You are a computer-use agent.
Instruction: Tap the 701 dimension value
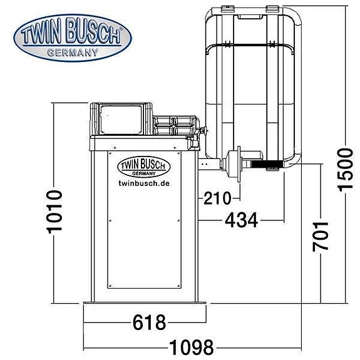[321, 235]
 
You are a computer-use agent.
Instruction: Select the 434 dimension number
[241, 220]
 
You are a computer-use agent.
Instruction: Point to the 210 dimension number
[215, 199]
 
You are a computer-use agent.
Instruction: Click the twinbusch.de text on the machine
[144, 183]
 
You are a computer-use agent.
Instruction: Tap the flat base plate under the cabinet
[145, 305]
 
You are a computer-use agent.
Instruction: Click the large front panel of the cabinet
[144, 238]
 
